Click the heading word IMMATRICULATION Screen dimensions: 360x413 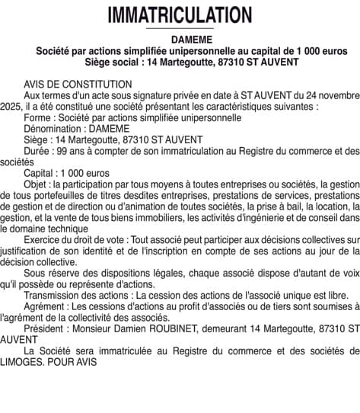(x=180, y=14)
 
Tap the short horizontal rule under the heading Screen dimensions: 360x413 (x=180, y=29)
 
